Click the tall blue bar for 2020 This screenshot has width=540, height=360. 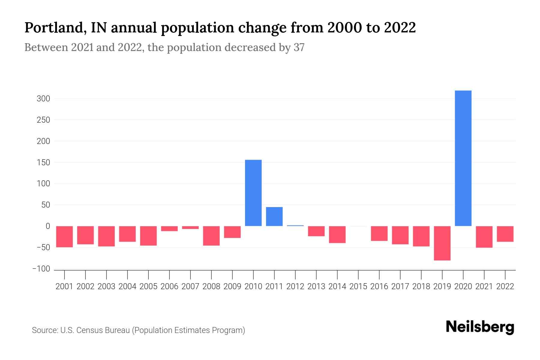pos(463,158)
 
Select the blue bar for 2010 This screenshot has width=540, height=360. pos(253,193)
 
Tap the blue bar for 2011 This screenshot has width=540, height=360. pos(274,216)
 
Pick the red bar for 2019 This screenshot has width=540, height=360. pos(442,243)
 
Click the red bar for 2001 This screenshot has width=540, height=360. pos(64,236)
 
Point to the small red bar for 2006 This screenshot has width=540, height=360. pos(169,229)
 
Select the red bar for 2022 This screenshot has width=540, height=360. pos(505,234)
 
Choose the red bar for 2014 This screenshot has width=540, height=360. pos(337,234)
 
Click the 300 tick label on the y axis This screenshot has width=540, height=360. pos(43,99)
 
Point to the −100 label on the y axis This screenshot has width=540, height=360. pos(41,269)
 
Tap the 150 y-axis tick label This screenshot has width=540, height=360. pos(43,162)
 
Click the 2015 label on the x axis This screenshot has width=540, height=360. pos(358,286)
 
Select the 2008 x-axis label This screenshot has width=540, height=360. pos(211,286)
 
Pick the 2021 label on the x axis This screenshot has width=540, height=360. pos(484,286)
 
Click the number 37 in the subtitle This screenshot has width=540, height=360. pos(299,47)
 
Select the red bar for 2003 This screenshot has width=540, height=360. pos(106,236)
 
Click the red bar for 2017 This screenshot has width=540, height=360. pos(400,235)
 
